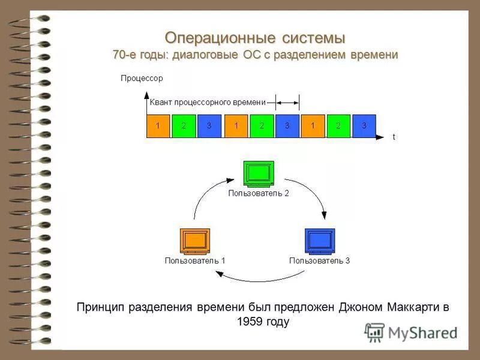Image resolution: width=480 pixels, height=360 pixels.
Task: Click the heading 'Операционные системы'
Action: (x=255, y=38)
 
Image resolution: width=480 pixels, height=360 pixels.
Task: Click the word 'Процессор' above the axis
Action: (x=142, y=78)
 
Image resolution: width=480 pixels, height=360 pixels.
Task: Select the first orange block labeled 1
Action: (x=158, y=126)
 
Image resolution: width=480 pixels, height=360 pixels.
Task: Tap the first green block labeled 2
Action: (x=184, y=126)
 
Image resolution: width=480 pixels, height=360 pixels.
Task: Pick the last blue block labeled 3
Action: (x=364, y=126)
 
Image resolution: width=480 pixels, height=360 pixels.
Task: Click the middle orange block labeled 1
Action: (x=236, y=126)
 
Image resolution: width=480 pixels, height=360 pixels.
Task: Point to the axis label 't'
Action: (x=394, y=137)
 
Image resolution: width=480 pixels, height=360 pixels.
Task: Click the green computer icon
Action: (x=259, y=173)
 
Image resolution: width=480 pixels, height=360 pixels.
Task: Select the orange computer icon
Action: (x=195, y=241)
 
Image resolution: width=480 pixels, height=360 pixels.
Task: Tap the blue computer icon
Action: (x=319, y=241)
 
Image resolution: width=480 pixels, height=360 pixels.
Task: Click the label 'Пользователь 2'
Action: (x=259, y=193)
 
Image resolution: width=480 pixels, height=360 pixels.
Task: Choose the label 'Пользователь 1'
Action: (x=195, y=261)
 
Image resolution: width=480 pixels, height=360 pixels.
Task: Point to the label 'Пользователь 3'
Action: (x=319, y=261)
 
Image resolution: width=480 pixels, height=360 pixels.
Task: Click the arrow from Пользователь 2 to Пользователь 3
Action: (x=312, y=195)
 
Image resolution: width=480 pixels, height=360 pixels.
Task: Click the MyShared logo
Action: (x=411, y=332)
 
